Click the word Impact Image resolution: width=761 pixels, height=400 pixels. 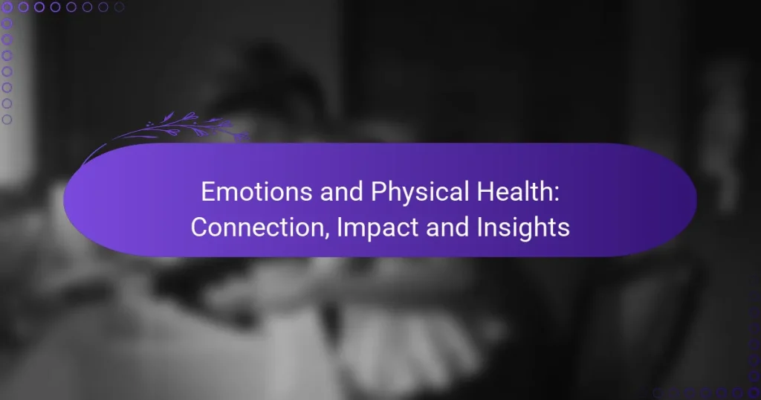(367, 228)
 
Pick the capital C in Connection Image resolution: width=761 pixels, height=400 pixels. (198, 228)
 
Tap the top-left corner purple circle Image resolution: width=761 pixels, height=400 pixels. (7, 7)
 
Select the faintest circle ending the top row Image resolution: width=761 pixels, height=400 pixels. (120, 7)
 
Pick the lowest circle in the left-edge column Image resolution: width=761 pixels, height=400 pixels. (7, 120)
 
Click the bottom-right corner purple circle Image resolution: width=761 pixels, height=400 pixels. (754, 393)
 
